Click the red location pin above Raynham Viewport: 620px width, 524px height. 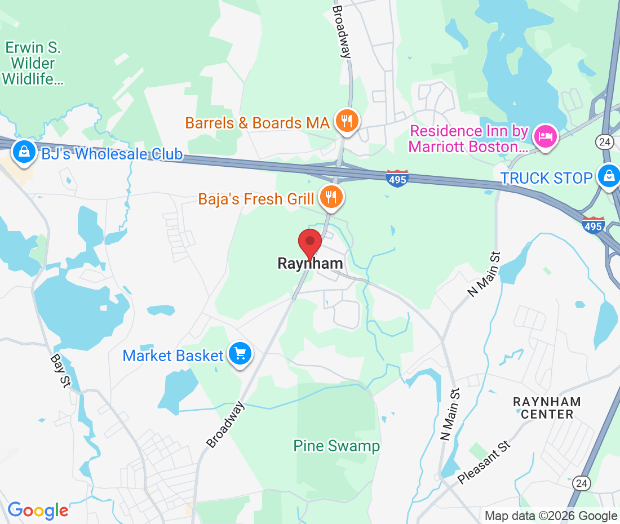coord(309,243)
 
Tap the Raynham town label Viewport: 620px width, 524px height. coord(310,264)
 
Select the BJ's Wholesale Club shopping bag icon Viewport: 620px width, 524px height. coord(24,153)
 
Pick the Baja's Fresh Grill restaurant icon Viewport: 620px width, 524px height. coord(331,198)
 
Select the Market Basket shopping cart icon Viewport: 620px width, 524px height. coord(241,355)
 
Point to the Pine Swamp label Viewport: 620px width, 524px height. coord(336,446)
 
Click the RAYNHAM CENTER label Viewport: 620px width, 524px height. coord(547,408)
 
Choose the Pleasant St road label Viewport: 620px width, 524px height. coord(484,463)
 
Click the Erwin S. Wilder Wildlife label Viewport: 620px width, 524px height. coord(33,63)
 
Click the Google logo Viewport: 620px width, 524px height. coord(38,510)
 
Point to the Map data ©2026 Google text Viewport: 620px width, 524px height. coord(551,516)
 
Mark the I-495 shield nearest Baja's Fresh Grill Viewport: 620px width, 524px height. coord(397,179)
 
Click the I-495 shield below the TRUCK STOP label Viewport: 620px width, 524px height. coord(593,225)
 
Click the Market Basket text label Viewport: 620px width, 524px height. coord(173,356)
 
